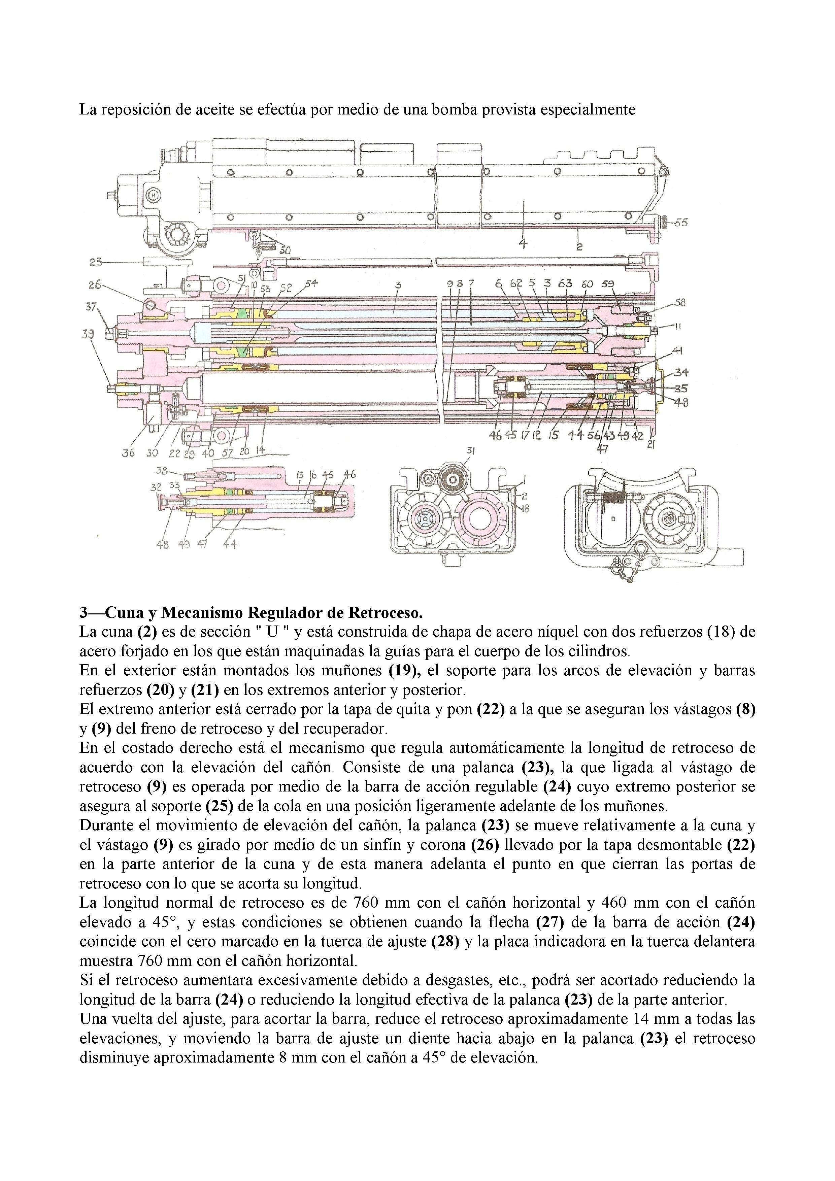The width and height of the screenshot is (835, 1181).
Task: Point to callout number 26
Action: (x=95, y=284)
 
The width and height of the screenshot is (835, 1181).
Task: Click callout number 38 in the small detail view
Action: (x=163, y=470)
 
